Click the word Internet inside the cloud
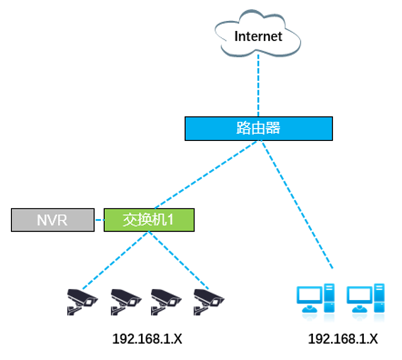[258, 36]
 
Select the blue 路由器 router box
[258, 128]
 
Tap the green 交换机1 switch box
[148, 220]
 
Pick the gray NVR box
[53, 220]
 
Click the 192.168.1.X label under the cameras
[147, 339]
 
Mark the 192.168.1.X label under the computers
[343, 339]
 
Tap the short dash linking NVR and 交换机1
[99, 220]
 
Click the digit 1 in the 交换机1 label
[170, 220]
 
